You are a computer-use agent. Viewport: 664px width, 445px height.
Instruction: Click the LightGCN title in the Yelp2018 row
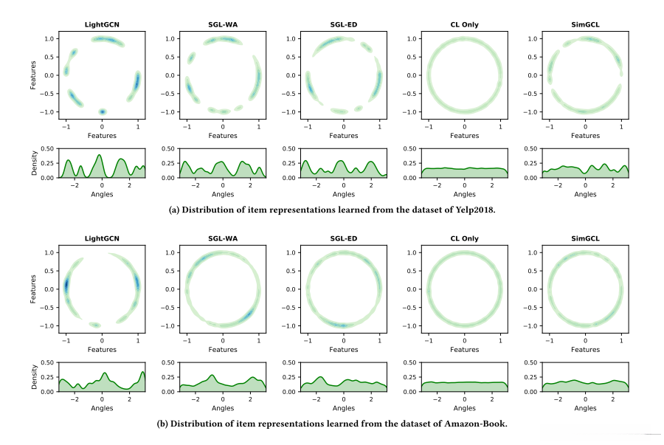(102, 24)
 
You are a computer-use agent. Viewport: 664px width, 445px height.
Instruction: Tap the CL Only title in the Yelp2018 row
(464, 24)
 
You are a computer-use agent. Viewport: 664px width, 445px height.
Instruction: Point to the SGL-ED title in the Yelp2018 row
(344, 24)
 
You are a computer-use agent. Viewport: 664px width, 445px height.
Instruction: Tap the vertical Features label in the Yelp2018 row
(33, 75)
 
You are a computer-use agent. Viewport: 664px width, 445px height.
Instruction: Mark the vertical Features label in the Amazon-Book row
(33, 289)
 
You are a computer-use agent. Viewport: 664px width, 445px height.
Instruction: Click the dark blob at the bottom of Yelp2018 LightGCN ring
(103, 111)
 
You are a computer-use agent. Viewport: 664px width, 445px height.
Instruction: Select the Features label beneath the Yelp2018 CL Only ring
(464, 136)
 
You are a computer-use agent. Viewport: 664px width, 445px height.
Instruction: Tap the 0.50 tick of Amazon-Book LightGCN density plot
(48, 363)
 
